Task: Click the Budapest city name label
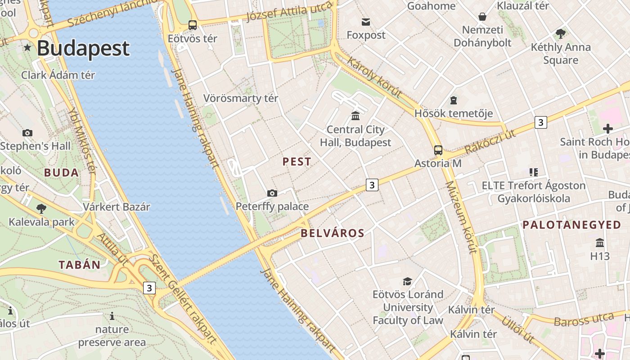pos(83,48)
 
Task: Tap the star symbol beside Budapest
pos(27,47)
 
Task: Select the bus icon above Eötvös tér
pos(193,25)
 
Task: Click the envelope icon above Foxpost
pos(365,22)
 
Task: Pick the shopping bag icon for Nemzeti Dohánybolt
pos(482,17)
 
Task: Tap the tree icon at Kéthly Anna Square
pos(560,33)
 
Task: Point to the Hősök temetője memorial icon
pos(453,100)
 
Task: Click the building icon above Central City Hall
pos(355,116)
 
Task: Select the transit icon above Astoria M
pos(438,150)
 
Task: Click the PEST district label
pos(297,162)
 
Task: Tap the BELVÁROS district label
pos(332,233)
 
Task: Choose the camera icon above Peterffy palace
pos(272,193)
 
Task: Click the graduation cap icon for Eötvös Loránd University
pos(407,281)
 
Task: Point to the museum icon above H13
pos(600,243)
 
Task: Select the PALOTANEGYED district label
pos(571,225)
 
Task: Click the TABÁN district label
pos(79,265)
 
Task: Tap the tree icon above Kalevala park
pos(41,208)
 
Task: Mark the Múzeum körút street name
pos(460,218)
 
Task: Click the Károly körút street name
pos(374,77)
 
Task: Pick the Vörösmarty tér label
pos(241,98)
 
